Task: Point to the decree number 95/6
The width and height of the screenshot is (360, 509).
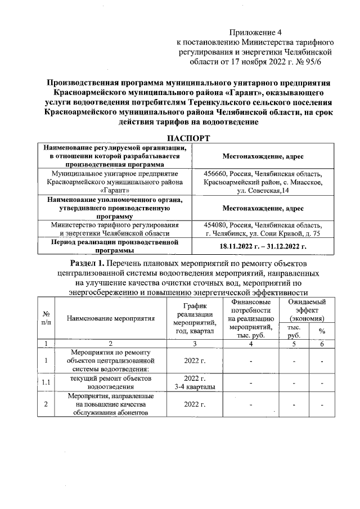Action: point(322,62)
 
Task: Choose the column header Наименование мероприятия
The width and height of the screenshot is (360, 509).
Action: point(110,318)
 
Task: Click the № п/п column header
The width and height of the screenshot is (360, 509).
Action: point(45,318)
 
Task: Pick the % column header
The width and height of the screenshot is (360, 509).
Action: point(322,331)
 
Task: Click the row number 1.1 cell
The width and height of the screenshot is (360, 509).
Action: point(45,382)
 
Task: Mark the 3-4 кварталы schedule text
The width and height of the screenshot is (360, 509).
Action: point(193,386)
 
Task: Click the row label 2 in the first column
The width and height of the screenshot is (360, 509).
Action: point(45,404)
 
